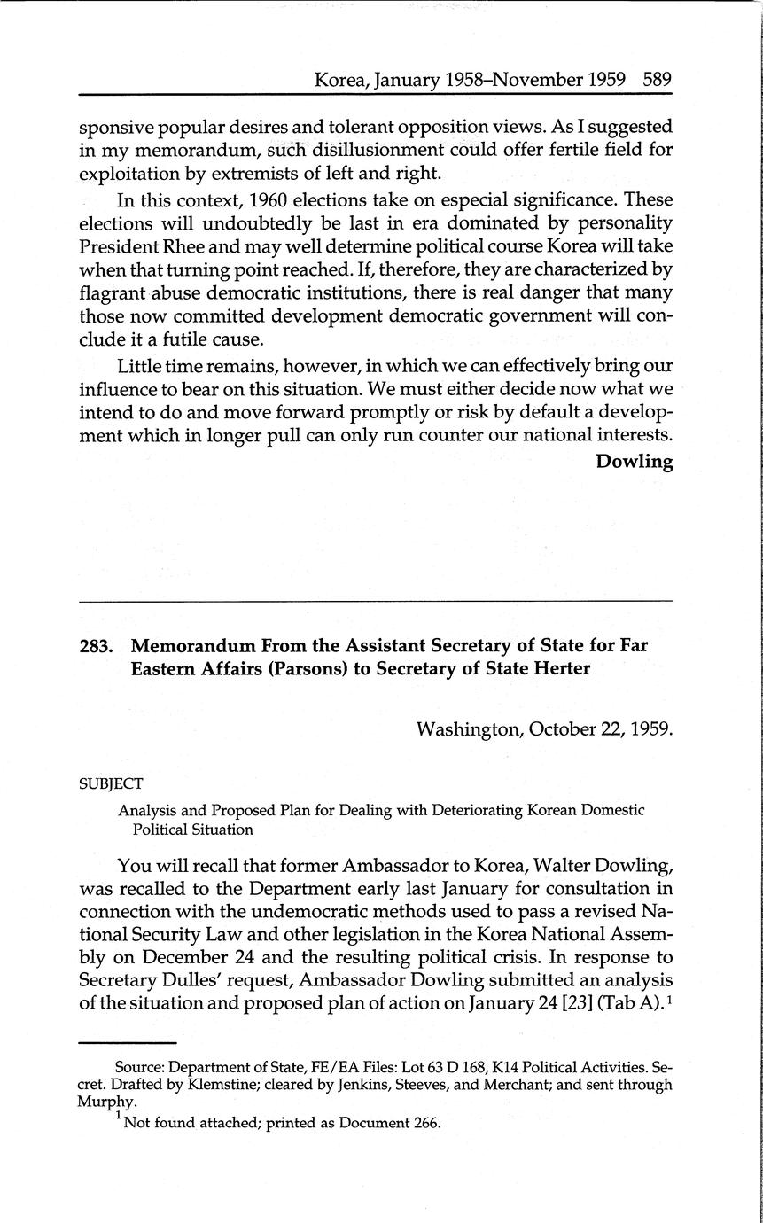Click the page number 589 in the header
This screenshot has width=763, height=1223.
[x=658, y=80]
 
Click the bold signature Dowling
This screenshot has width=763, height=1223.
[x=635, y=462]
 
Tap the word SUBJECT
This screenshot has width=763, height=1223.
[x=111, y=784]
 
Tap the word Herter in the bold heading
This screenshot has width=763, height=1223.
[x=560, y=669]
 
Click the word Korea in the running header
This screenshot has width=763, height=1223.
[x=341, y=80]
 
